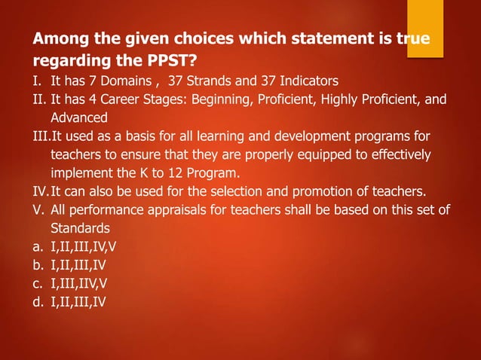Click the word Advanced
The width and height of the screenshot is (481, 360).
coord(79,117)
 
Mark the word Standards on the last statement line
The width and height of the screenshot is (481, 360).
coord(80,227)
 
